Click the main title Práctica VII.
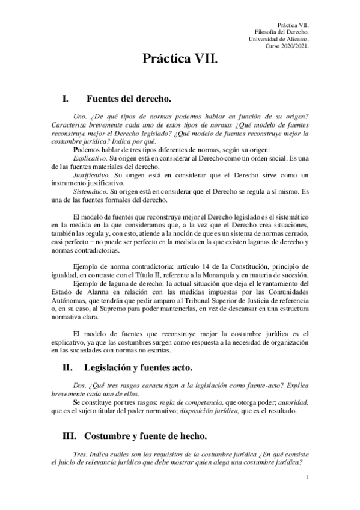[180, 60]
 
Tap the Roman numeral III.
[70, 435]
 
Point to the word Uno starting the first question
[78, 116]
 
